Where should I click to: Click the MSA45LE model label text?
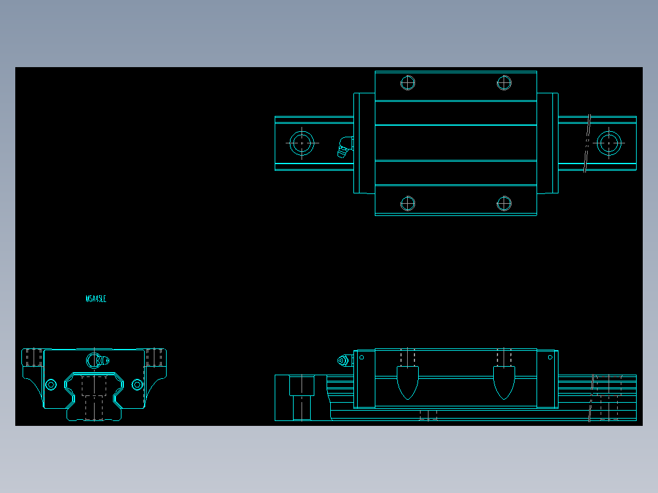pos(96,299)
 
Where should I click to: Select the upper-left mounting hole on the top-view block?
pos(408,82)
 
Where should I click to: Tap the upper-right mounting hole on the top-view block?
pos(504,82)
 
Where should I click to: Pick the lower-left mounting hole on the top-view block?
pos(408,203)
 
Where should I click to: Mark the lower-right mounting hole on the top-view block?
pos(504,203)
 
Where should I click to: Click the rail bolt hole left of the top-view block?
pos(302,143)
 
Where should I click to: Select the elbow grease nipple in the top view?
pos(345,147)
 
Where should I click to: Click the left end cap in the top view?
pos(364,143)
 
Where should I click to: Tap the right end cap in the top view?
pos(548,143)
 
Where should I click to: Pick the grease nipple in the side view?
pos(344,361)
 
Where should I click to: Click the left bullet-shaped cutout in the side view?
pos(408,382)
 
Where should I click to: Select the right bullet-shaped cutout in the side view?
pos(504,382)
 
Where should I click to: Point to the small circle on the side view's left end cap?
pos(361,358)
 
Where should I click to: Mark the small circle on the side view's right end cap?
pos(550,358)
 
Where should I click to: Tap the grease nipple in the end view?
pos(96,360)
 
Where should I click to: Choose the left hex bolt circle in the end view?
pos(51,384)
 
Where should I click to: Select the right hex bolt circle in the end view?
pos(137,384)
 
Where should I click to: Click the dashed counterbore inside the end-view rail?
pos(94,397)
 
